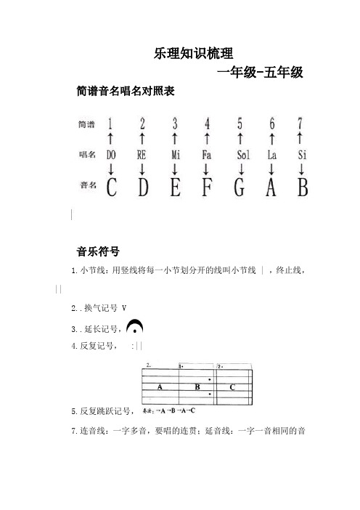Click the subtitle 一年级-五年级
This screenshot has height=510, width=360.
260,72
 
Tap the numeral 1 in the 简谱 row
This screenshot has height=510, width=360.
110,124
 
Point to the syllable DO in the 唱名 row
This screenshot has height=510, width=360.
110,155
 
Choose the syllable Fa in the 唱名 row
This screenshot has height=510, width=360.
208,155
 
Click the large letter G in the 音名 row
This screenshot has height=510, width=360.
240,188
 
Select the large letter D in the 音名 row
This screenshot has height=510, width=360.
142,188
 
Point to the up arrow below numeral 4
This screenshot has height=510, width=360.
208,138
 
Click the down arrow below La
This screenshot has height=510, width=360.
272,169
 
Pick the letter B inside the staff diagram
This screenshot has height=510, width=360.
197,387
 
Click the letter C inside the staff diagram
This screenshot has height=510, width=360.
232,387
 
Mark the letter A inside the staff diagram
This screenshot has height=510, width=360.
158,388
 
